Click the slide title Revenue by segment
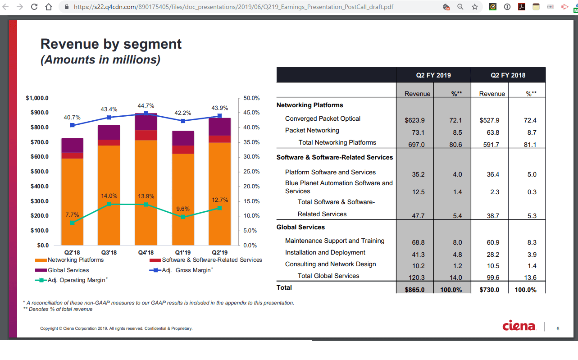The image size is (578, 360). click(111, 44)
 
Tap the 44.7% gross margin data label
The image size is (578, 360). click(146, 105)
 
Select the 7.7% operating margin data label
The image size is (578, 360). click(72, 214)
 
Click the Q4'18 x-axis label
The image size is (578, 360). click(146, 252)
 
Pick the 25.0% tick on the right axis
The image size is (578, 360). click(251, 172)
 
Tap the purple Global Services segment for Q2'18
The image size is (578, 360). click(73, 145)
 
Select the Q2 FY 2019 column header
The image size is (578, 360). click(433, 75)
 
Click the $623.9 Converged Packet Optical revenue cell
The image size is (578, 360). click(415, 121)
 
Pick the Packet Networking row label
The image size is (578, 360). click(312, 131)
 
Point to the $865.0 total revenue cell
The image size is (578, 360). click(415, 290)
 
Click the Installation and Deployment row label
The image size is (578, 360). click(325, 252)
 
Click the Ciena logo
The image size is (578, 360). click(519, 326)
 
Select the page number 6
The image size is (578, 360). click(558, 328)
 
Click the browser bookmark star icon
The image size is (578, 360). click(474, 7)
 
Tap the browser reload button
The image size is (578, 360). click(34, 7)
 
